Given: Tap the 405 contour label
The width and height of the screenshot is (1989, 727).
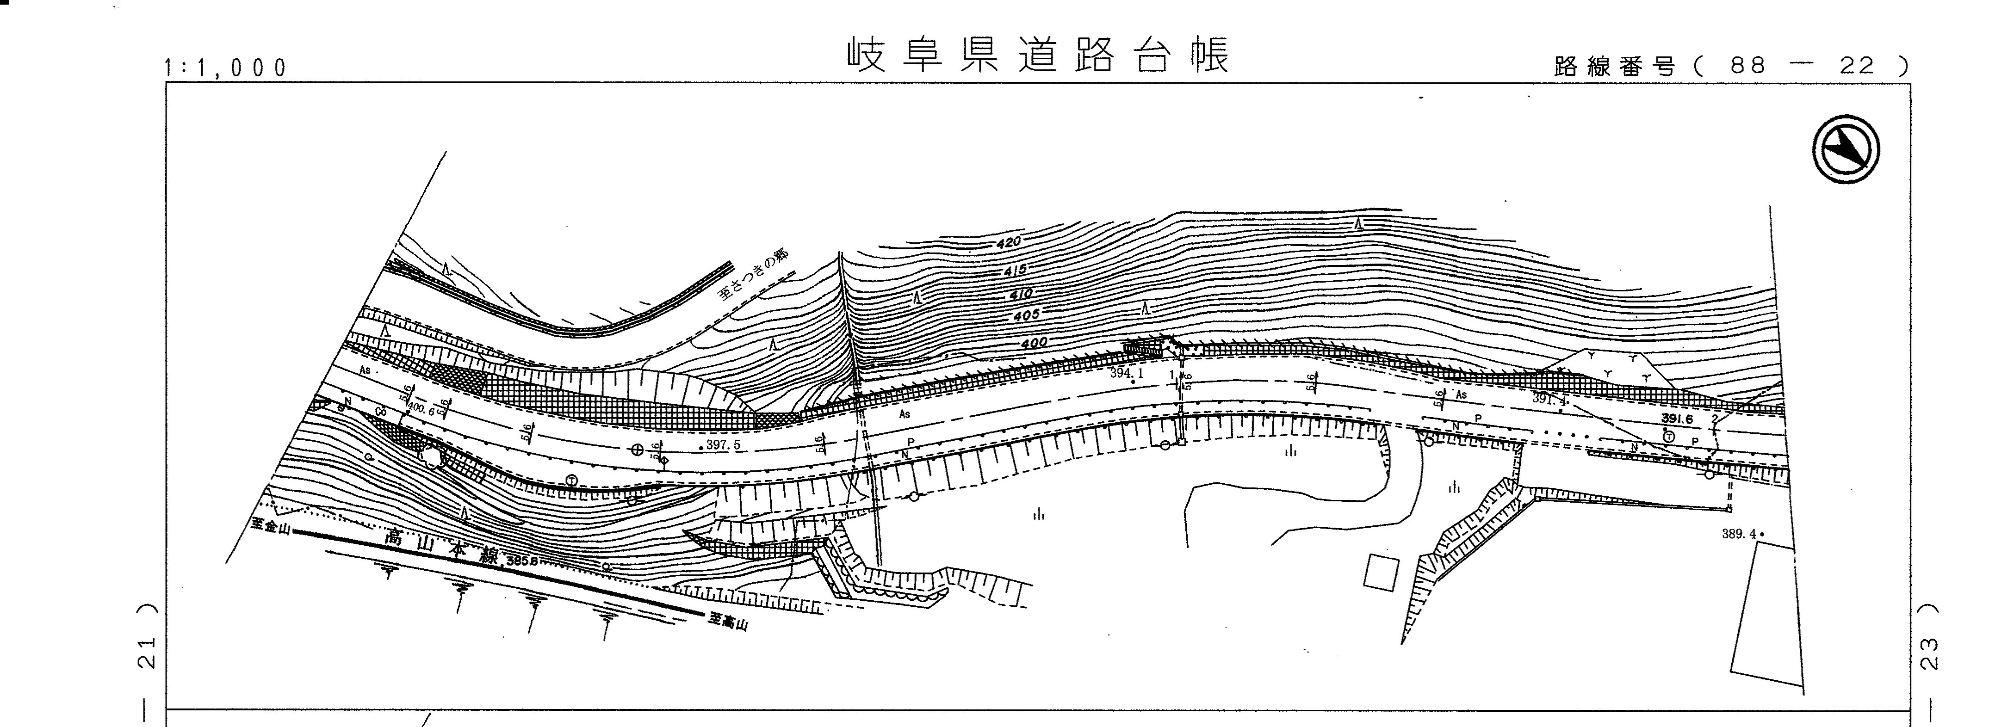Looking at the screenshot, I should point(1025,315).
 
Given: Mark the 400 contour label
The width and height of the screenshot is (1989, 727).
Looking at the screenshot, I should point(1033,342).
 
